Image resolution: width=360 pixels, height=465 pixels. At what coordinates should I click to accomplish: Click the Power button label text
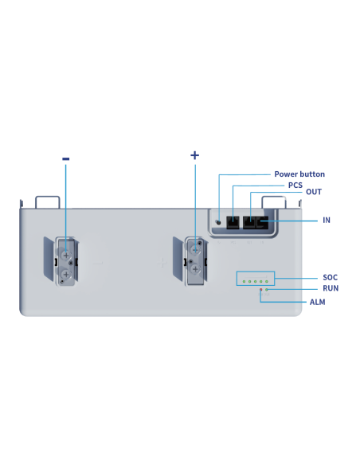coord(299,174)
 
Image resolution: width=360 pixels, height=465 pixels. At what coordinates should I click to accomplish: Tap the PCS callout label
coord(295,185)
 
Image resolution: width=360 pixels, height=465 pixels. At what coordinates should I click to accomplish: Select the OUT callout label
coord(314,192)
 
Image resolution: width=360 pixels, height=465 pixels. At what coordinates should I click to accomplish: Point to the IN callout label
coord(327,220)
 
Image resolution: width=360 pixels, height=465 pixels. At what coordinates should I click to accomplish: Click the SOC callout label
coord(330,278)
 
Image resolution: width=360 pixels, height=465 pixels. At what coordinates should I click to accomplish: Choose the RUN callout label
coord(331,288)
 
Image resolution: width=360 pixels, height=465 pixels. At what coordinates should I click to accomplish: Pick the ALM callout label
coord(317,303)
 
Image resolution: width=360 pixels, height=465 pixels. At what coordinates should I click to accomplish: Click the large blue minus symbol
coord(66,159)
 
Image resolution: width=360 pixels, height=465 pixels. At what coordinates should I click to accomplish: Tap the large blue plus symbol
coord(195,155)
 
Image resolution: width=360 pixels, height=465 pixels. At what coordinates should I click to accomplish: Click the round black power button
coord(218,222)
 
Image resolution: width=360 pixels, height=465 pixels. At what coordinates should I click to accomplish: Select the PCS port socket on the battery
coord(233,222)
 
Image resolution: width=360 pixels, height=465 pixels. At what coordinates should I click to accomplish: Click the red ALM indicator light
coord(261,290)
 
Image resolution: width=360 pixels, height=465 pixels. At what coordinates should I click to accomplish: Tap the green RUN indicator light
coord(267,290)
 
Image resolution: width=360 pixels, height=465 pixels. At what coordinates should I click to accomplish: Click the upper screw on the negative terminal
coord(66,255)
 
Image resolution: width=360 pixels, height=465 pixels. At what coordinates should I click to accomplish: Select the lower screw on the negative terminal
coord(66,274)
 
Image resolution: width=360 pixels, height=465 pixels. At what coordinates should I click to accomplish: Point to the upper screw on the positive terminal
coord(195,250)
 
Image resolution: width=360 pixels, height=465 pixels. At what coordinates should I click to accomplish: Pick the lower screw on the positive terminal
coord(195,269)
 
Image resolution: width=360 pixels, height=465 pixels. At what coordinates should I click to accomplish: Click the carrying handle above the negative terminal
coord(48,197)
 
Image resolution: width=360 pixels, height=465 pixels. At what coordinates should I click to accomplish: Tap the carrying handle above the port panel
coord(274,197)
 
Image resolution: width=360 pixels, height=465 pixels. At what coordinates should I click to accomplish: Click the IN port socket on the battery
coord(263,222)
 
